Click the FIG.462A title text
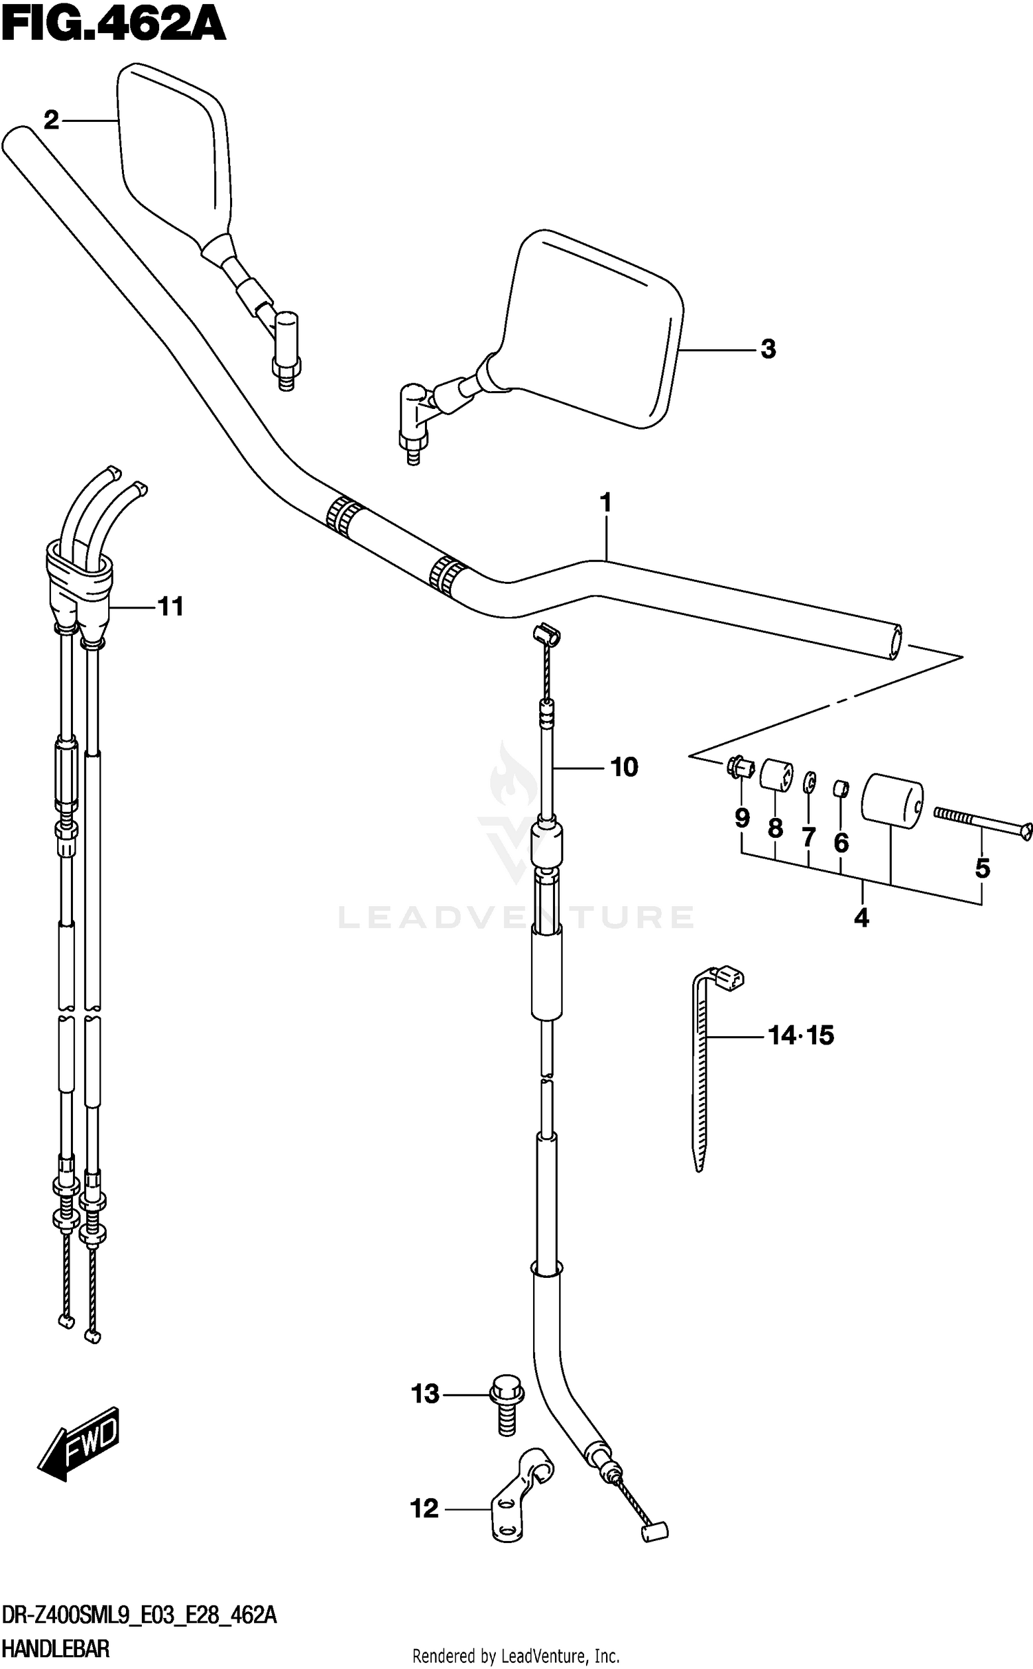click(x=114, y=26)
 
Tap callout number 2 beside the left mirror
click(x=52, y=121)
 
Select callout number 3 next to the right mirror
click(x=768, y=349)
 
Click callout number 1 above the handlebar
click(x=605, y=503)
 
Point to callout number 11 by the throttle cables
click(x=171, y=607)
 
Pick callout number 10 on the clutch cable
click(x=624, y=767)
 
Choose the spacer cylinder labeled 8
click(x=776, y=775)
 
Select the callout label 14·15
click(x=800, y=1035)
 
